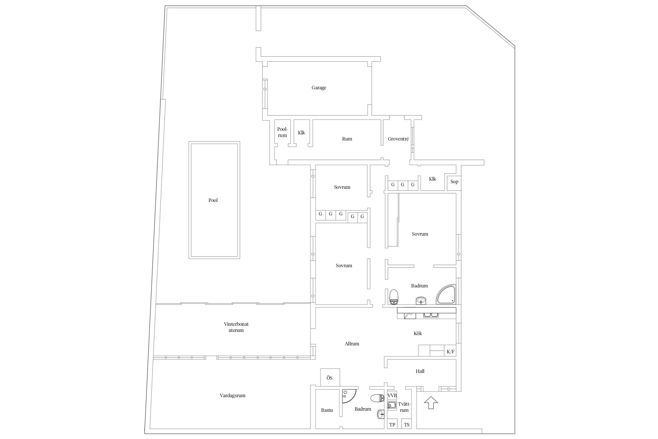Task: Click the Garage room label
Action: pyautogui.click(x=319, y=88)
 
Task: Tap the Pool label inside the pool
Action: pyautogui.click(x=213, y=200)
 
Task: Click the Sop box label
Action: pyautogui.click(x=454, y=182)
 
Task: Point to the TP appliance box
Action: pyautogui.click(x=392, y=425)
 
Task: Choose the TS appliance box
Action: pyautogui.click(x=407, y=425)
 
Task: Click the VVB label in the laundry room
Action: pyautogui.click(x=392, y=395)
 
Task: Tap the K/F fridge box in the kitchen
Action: pyautogui.click(x=451, y=351)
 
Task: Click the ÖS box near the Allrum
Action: pyautogui.click(x=330, y=378)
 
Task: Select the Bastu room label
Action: pyautogui.click(x=327, y=410)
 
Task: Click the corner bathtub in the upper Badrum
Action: pyautogui.click(x=446, y=295)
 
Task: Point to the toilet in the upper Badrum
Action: pyautogui.click(x=394, y=296)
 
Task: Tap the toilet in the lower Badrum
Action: pyautogui.click(x=377, y=398)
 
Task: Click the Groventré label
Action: pyautogui.click(x=398, y=139)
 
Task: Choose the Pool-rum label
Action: pyautogui.click(x=283, y=132)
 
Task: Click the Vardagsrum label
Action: pyautogui.click(x=232, y=395)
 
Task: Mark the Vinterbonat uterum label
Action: pyautogui.click(x=236, y=327)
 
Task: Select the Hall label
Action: pyautogui.click(x=420, y=371)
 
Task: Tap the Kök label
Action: pyautogui.click(x=418, y=333)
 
